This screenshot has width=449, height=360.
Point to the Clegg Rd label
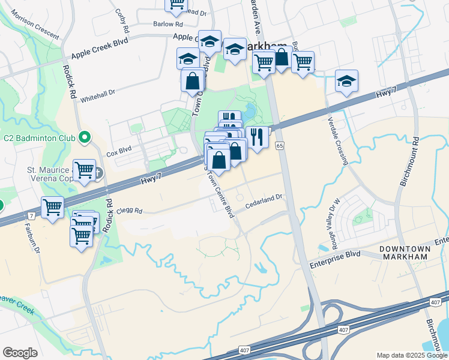click(x=129, y=211)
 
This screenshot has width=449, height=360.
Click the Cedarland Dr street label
click(x=264, y=205)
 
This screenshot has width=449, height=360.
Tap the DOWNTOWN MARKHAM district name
click(x=405, y=253)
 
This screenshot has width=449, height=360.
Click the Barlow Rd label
click(x=167, y=25)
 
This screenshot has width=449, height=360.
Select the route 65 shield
click(x=280, y=146)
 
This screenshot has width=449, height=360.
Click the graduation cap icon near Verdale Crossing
click(x=346, y=82)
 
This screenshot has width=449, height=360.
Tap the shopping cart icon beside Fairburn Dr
click(x=53, y=208)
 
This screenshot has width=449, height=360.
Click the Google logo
click(x=20, y=353)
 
